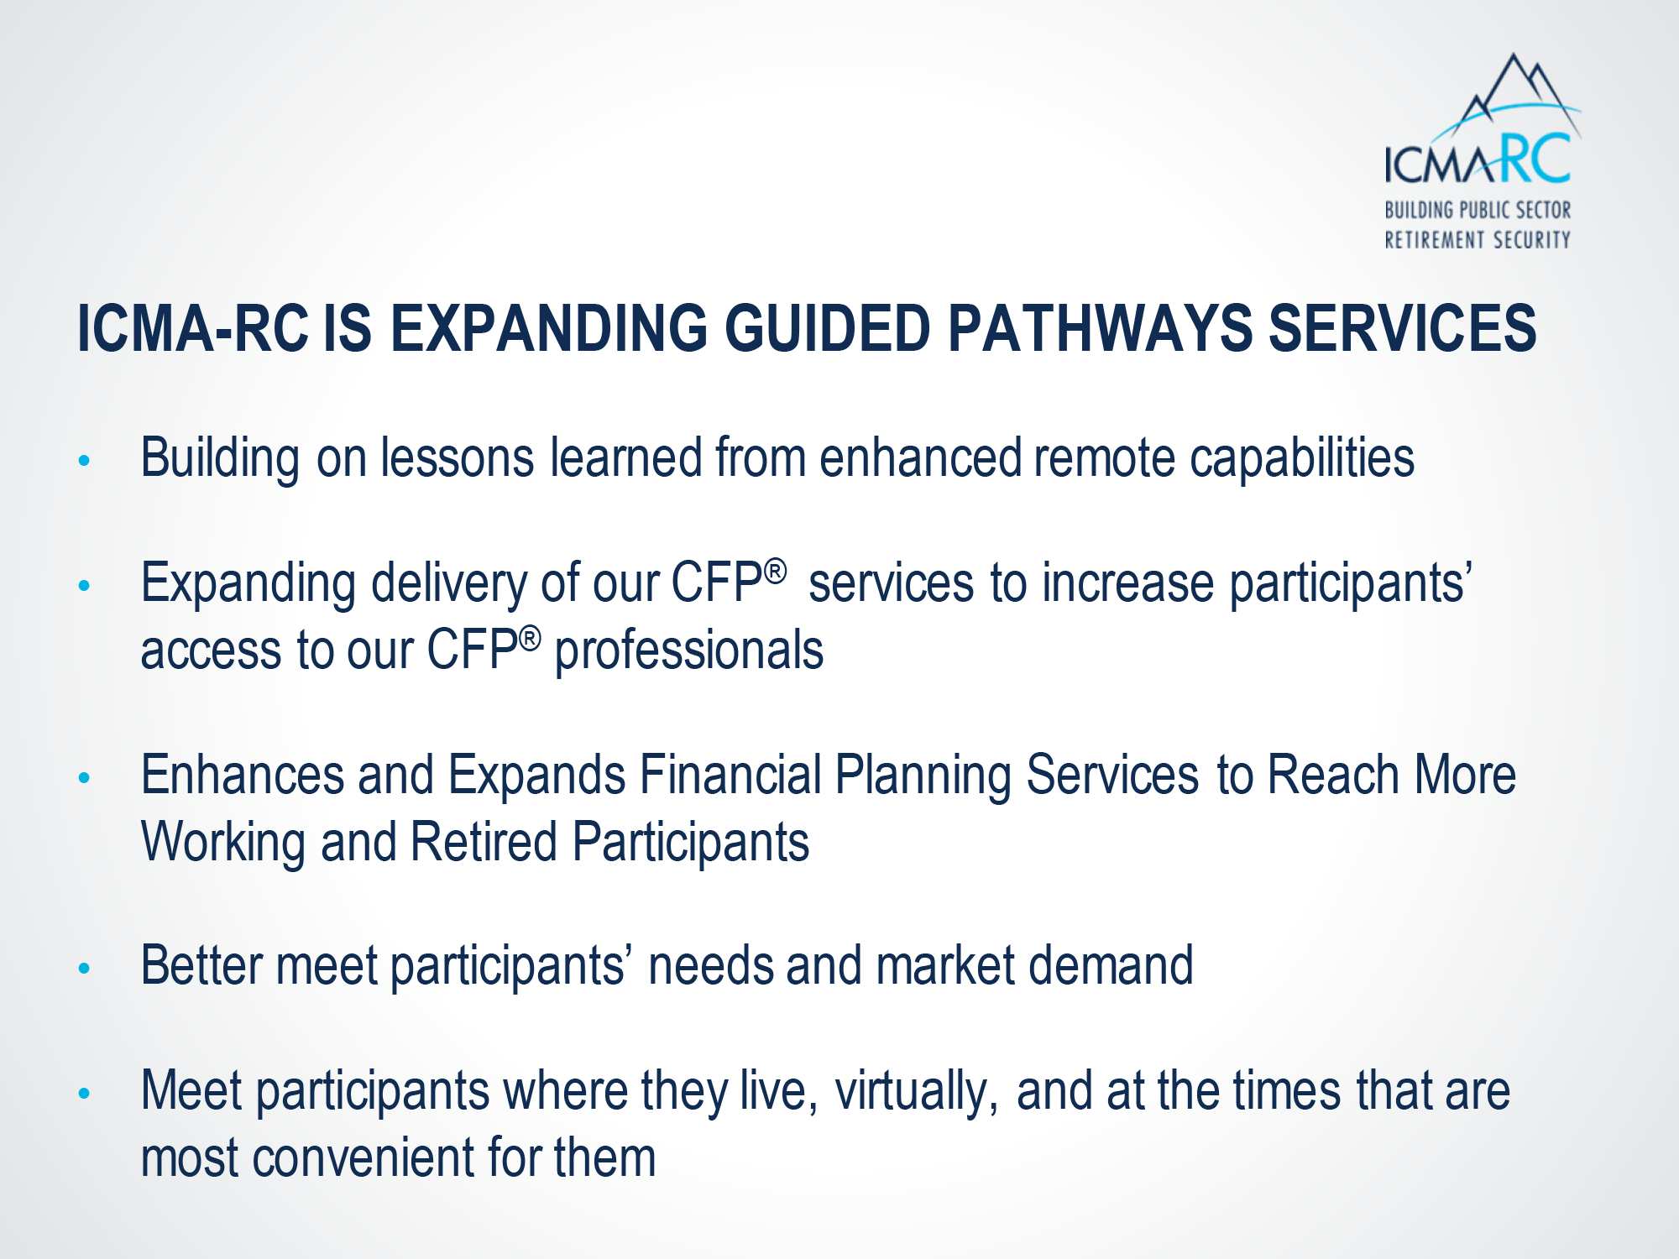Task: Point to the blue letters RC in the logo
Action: (x=1534, y=158)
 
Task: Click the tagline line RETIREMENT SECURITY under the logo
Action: (x=1478, y=239)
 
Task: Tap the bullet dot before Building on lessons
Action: (x=84, y=460)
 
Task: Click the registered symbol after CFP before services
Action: (x=776, y=572)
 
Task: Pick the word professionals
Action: (x=689, y=651)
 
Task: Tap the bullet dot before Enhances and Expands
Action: (x=84, y=777)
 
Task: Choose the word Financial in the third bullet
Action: (x=730, y=775)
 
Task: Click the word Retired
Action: (x=484, y=842)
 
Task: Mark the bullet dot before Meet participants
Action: (x=84, y=1094)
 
